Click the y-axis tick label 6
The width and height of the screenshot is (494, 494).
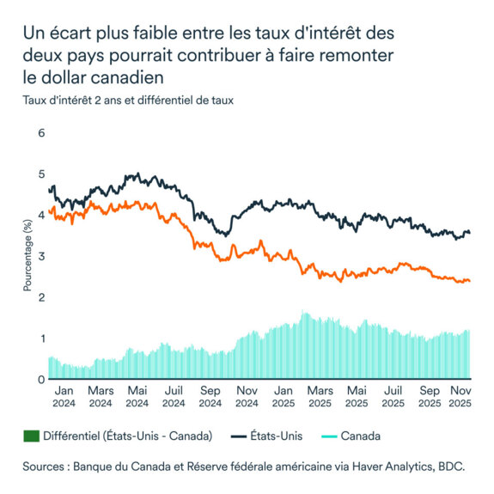(40, 134)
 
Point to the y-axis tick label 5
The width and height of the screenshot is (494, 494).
(40, 174)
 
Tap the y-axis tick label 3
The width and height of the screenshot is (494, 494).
(40, 257)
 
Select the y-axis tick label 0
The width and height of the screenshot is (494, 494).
(40, 379)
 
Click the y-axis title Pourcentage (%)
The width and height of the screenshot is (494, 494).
(27, 256)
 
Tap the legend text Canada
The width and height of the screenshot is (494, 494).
(361, 436)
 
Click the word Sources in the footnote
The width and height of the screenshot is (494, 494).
(49, 467)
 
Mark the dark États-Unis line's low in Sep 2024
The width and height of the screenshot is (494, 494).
(223, 233)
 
